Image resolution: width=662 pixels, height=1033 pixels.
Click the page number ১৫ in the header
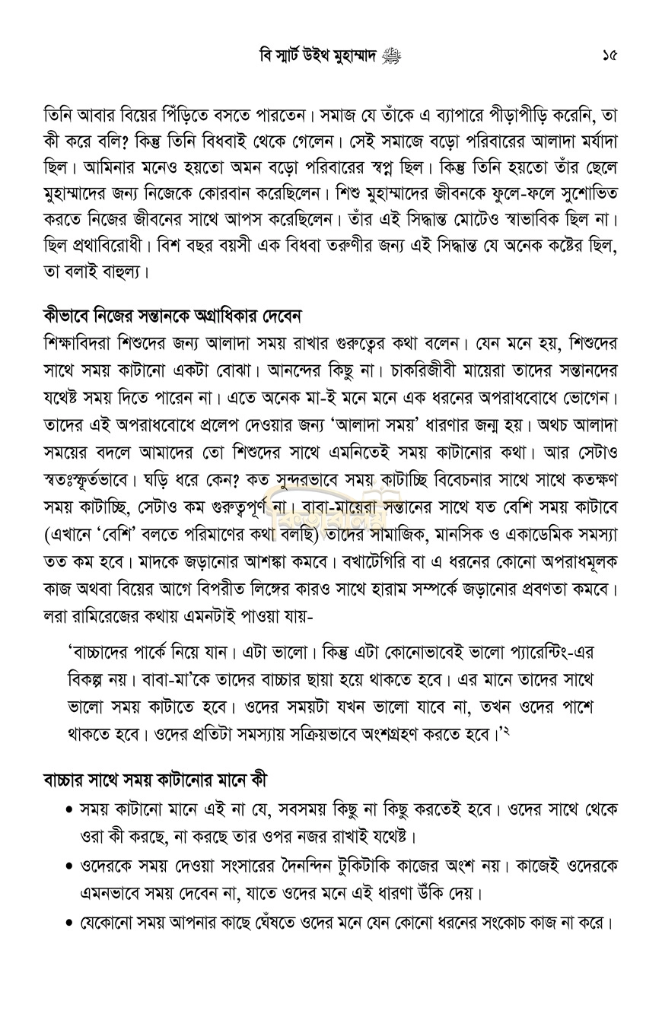608,56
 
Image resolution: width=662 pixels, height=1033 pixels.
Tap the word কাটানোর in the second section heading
171,780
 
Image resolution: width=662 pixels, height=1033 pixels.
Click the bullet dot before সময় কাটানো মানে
70,810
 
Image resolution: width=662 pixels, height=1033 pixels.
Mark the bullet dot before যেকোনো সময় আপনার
70,924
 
